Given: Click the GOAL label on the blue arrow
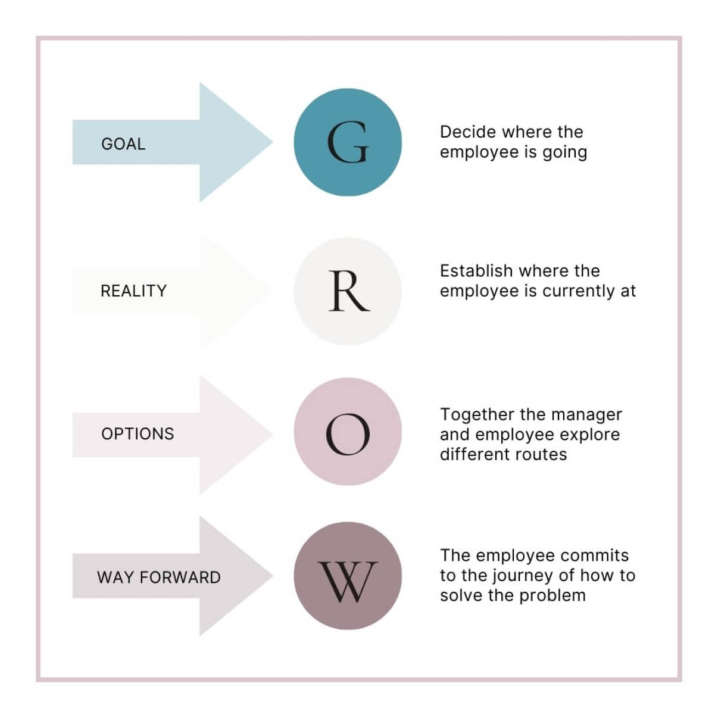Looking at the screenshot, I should click(x=123, y=144).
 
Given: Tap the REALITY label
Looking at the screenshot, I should click(x=133, y=291).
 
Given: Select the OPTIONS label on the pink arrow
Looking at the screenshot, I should click(x=138, y=433).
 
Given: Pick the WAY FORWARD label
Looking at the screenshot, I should click(x=158, y=577).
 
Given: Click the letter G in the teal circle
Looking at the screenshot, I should click(x=348, y=143).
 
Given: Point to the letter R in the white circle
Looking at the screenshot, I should click(x=348, y=291).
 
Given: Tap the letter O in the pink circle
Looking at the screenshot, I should click(x=348, y=433).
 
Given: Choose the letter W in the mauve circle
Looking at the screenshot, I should click(x=348, y=580).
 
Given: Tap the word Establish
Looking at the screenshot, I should click(x=476, y=271).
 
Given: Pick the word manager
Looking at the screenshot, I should click(x=588, y=415).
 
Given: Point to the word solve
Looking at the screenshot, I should click(x=460, y=595).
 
